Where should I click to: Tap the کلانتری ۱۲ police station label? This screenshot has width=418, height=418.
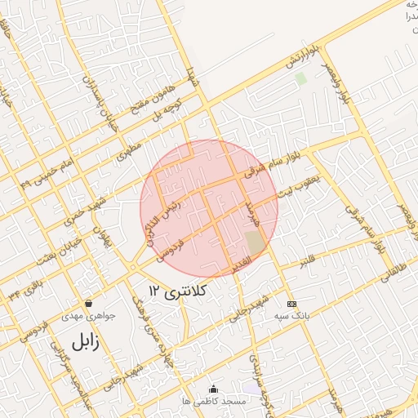coord(179,290)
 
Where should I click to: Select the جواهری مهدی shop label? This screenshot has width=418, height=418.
coord(89,314)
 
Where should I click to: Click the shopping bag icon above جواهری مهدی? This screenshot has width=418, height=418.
coord(88,303)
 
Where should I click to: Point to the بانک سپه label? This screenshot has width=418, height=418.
coord(292,315)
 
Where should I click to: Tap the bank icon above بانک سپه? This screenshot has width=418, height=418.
coord(292,303)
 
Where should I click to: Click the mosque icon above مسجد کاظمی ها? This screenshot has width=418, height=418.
coord(214,389)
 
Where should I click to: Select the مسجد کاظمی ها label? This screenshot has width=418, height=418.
coord(215,401)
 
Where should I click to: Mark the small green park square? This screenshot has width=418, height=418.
coord(301,79)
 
